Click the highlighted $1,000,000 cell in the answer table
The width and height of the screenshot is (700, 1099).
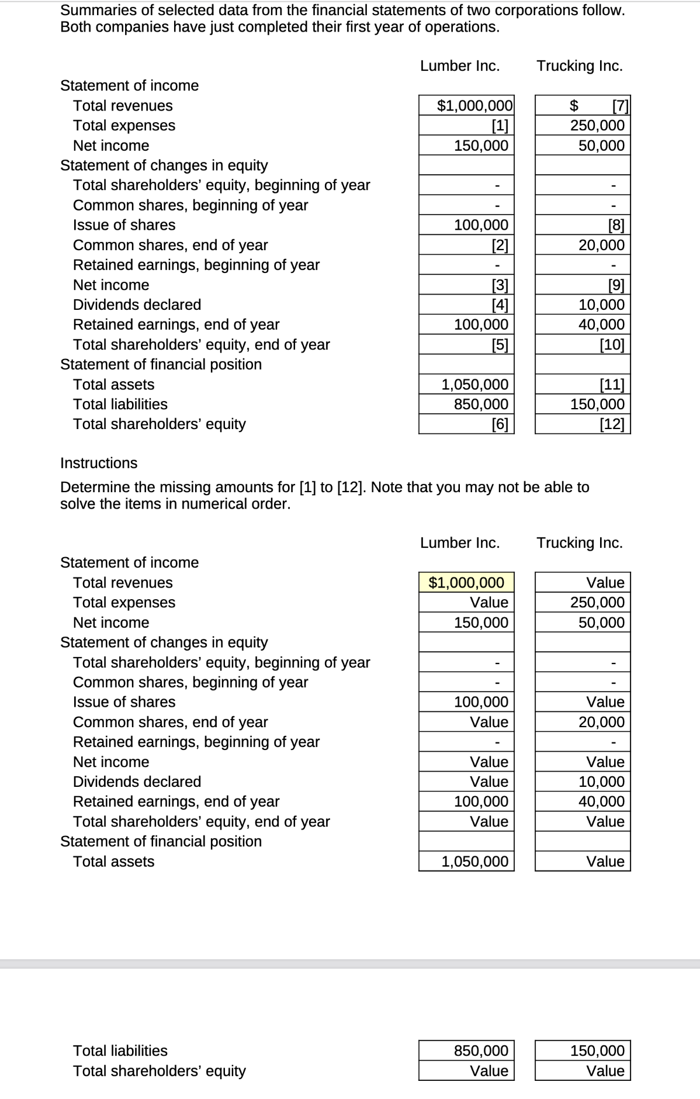click(x=466, y=582)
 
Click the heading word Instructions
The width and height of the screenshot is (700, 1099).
click(x=99, y=463)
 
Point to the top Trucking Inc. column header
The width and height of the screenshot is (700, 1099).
click(x=579, y=66)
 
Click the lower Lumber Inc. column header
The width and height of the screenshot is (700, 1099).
click(x=460, y=542)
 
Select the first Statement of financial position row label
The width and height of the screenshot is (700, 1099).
click(x=161, y=364)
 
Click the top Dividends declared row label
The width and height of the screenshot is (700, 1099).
click(x=137, y=305)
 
